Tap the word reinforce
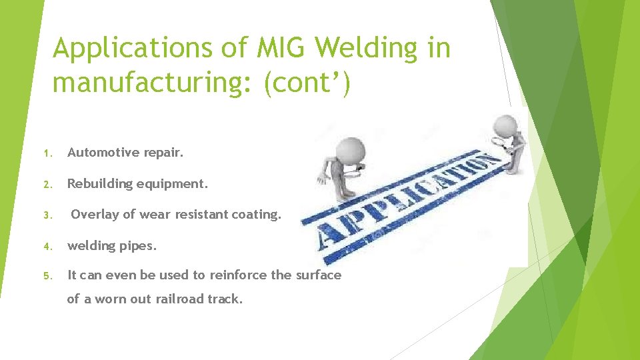point(239,275)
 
